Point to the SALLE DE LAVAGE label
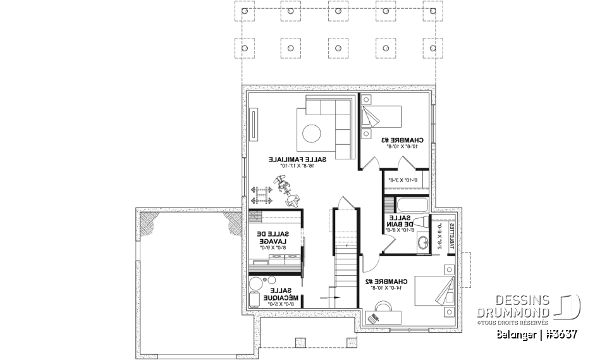(271, 240)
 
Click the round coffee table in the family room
(312, 133)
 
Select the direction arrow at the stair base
(331, 296)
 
